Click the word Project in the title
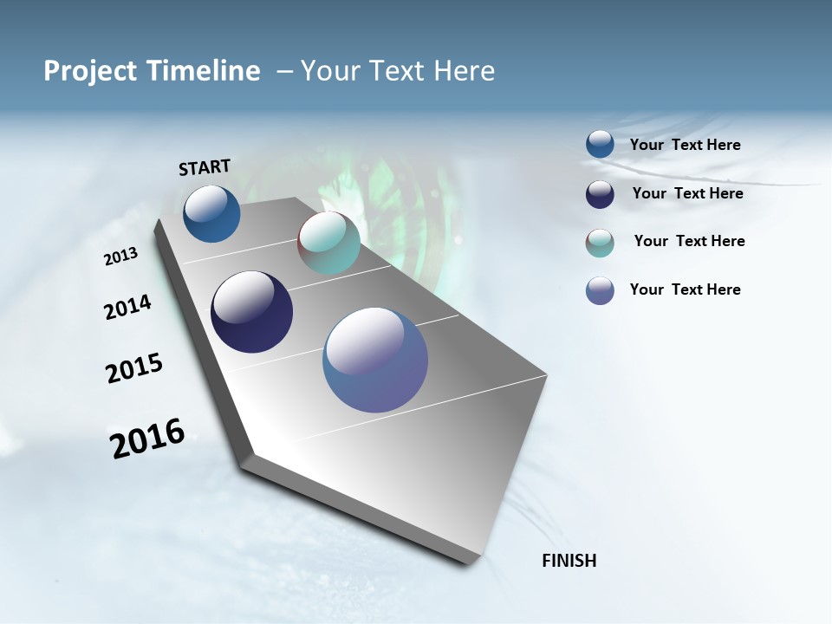91,71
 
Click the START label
205,167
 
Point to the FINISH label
569,561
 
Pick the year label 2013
120,257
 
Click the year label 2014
127,307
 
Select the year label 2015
134,368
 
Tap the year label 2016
147,439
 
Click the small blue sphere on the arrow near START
211,214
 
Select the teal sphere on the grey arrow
328,243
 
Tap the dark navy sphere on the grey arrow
251,312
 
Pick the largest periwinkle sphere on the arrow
375,360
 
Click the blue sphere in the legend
600,145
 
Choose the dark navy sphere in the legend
600,194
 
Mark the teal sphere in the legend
600,243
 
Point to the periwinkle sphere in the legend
600,290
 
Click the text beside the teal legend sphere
689,241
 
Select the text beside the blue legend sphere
685,145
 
